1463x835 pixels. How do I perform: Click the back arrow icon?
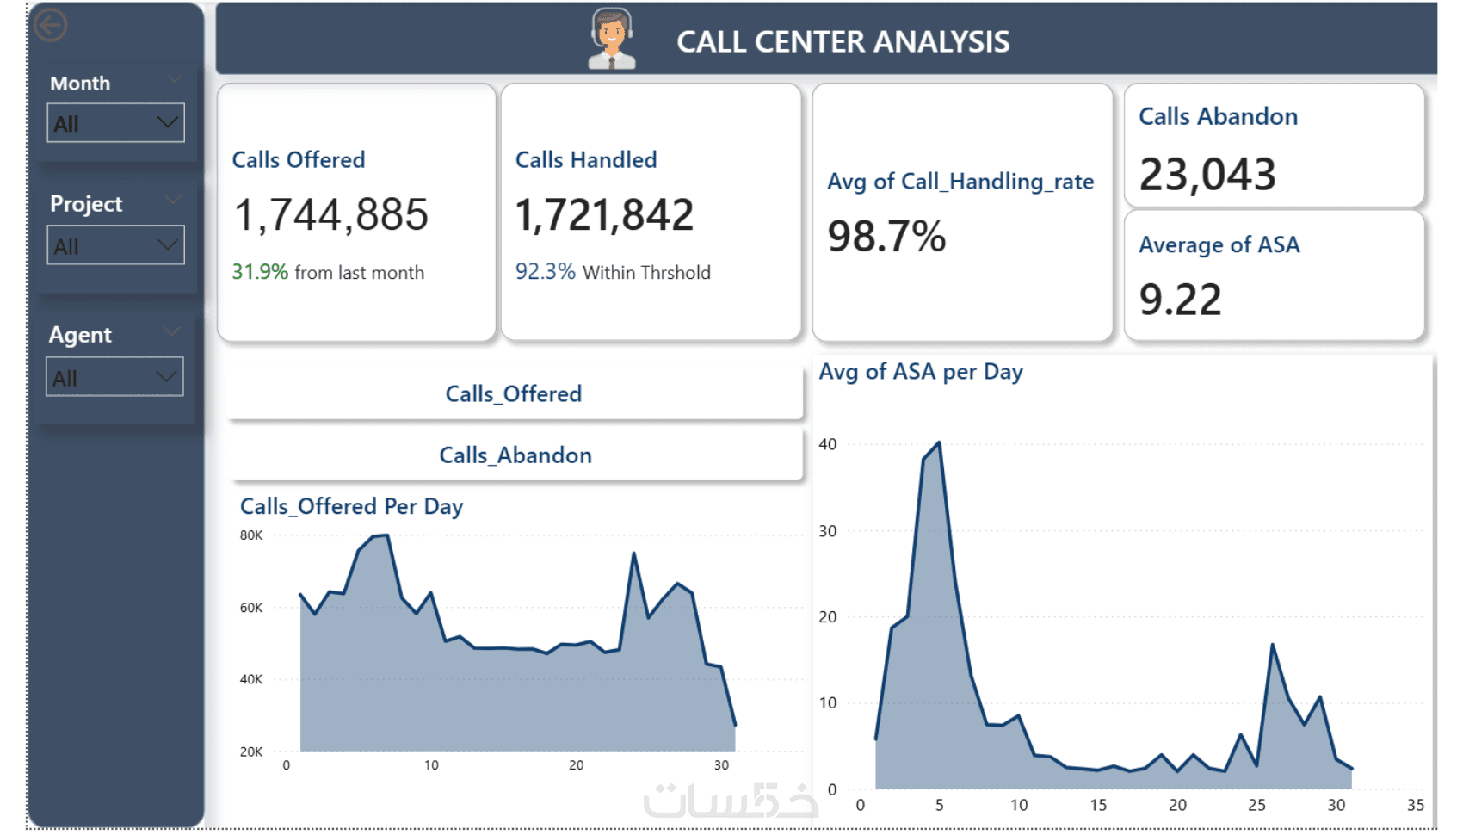tap(50, 25)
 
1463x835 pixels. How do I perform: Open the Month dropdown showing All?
tap(115, 123)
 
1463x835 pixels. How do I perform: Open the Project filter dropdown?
tap(115, 245)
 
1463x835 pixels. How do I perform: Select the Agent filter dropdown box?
tap(114, 377)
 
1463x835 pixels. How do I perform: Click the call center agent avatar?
tap(611, 39)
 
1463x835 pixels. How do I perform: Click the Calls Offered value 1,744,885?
tap(330, 215)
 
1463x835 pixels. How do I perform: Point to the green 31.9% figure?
tap(259, 272)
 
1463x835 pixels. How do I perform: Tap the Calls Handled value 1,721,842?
tap(604, 215)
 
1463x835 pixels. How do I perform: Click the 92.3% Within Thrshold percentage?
tap(545, 272)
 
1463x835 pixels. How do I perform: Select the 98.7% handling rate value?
tap(886, 237)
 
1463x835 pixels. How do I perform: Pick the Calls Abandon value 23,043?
tap(1207, 174)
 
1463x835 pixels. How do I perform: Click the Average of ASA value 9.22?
tap(1180, 300)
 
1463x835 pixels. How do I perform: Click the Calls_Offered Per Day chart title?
tap(351, 506)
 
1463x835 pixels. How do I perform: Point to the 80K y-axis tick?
tap(251, 535)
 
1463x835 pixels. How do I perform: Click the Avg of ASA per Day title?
tap(920, 372)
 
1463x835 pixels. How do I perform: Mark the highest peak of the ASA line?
tap(939, 443)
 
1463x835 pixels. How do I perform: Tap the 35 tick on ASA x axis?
tap(1415, 805)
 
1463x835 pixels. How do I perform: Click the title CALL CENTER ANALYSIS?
tap(843, 41)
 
